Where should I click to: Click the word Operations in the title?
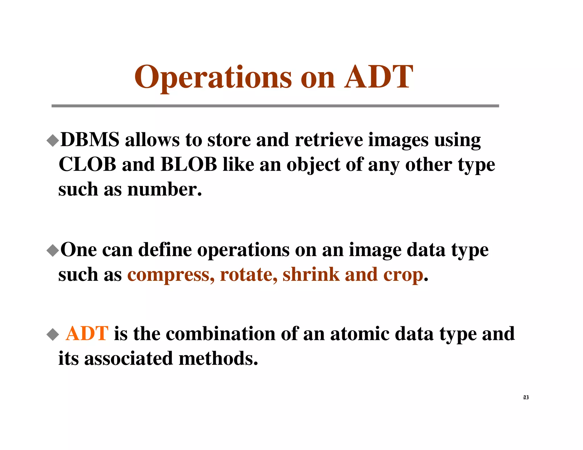click(213, 77)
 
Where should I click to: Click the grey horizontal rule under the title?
click(275, 106)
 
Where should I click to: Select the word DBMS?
click(90, 140)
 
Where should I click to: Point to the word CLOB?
click(87, 164)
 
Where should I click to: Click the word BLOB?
click(189, 164)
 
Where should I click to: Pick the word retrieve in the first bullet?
click(329, 140)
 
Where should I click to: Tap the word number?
click(164, 189)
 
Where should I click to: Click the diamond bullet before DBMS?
click(53, 141)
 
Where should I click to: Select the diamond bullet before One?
click(53, 251)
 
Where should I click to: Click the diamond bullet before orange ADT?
click(53, 334)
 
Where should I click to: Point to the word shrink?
click(311, 274)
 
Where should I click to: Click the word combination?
click(220, 333)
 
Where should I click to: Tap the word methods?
click(218, 358)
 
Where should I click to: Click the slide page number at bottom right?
click(526, 397)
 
